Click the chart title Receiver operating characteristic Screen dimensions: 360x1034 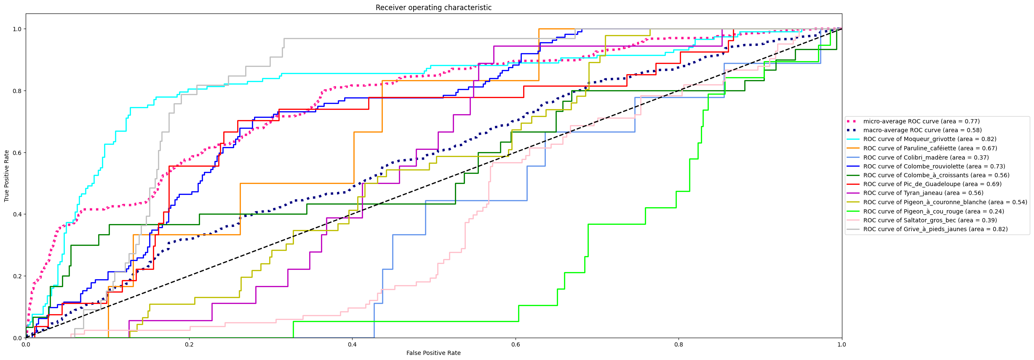pyautogui.click(x=433, y=8)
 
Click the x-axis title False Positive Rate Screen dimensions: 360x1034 pyautogui.click(x=433, y=353)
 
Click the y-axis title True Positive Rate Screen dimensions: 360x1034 pyautogui.click(x=7, y=176)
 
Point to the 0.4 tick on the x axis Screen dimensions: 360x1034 pyautogui.click(x=352, y=338)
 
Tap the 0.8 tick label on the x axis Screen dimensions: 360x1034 pyautogui.click(x=679, y=344)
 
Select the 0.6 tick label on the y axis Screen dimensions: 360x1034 pyautogui.click(x=17, y=152)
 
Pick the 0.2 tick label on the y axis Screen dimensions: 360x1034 pyautogui.click(x=17, y=276)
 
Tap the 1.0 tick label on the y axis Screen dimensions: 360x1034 pyautogui.click(x=17, y=29)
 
